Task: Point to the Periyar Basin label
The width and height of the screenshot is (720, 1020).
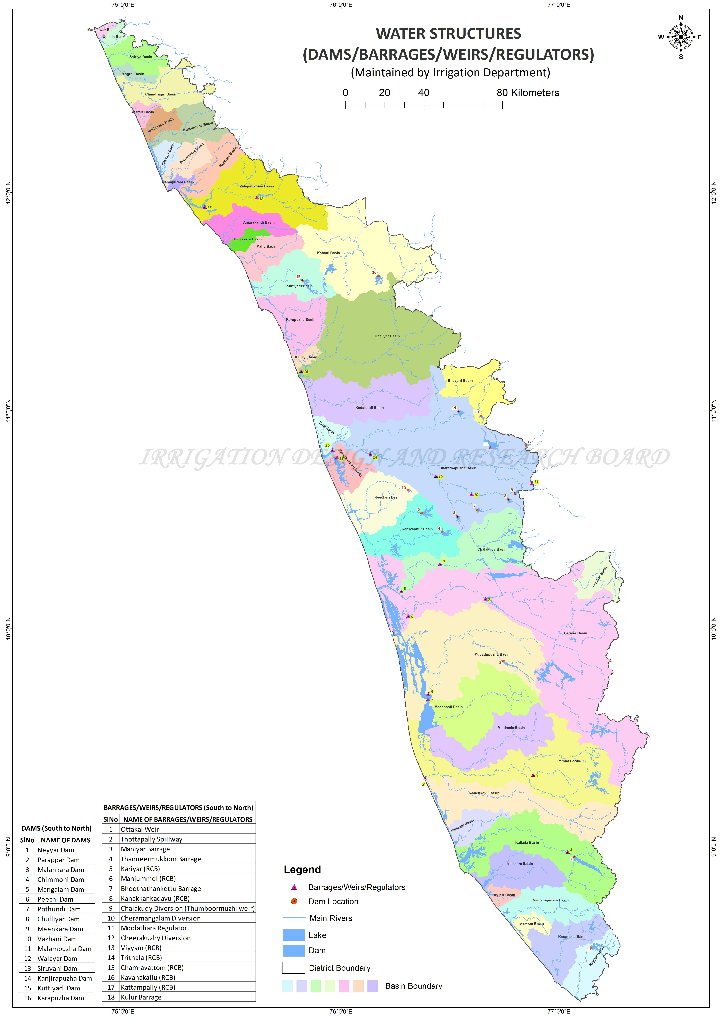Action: click(575, 633)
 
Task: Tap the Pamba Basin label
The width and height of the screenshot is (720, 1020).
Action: click(568, 761)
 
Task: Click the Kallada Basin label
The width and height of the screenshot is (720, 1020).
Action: click(527, 842)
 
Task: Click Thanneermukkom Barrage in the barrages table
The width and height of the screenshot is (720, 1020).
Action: click(161, 859)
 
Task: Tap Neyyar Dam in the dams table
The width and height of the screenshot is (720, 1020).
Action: click(56, 850)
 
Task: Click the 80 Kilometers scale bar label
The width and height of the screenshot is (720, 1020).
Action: click(528, 93)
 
